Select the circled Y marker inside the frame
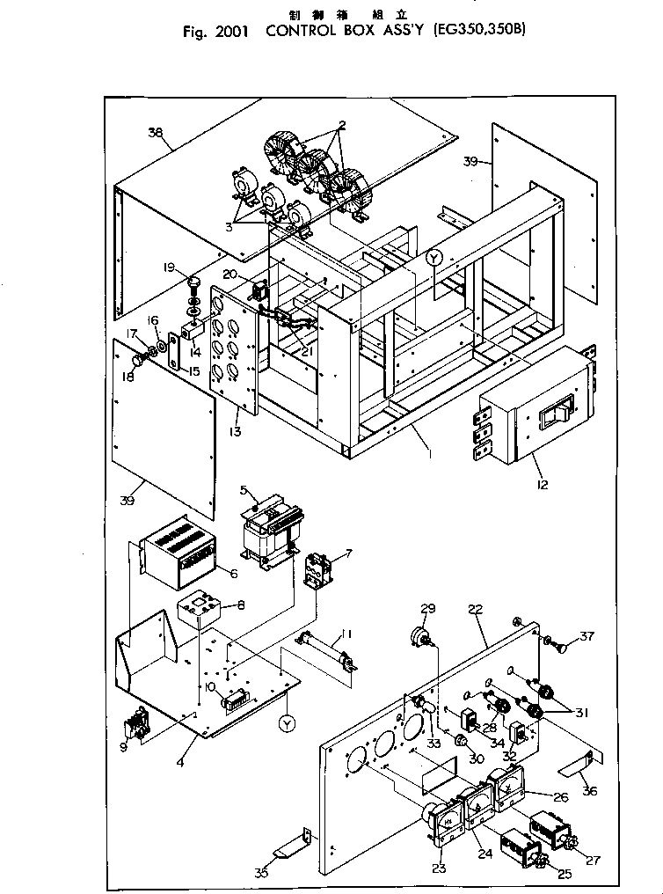(x=433, y=258)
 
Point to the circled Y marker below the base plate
(x=287, y=723)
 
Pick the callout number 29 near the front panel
(x=428, y=610)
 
